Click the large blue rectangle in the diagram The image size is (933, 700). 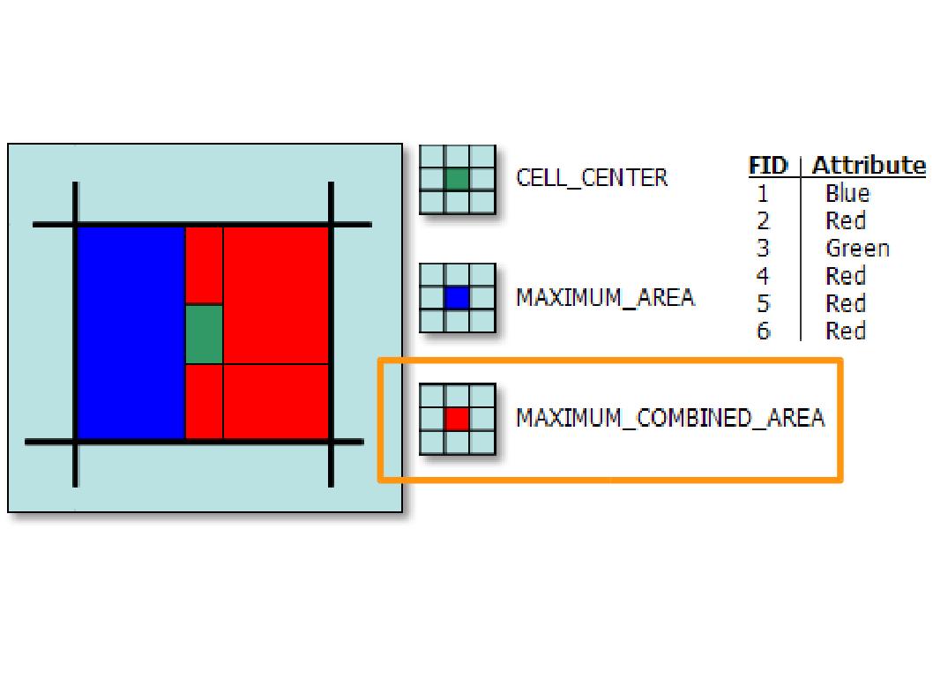pos(131,332)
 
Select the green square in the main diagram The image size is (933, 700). pos(204,334)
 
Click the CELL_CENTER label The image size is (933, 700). pos(592,178)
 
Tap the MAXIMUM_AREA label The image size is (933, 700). pos(605,298)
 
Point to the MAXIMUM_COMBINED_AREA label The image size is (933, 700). pos(670,418)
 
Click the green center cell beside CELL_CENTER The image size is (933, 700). pos(457,179)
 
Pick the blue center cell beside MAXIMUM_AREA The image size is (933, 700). pos(457,298)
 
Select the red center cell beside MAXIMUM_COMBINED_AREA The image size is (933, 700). pos(457,418)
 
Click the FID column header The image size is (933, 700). pos(767,166)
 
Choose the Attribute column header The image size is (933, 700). pos(869,166)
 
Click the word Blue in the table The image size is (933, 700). pos(847,194)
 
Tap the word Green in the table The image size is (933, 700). pos(857,249)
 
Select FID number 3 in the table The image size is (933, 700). pos(763,249)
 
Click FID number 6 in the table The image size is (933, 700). pos(763,331)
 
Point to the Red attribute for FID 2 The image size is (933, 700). pos(846,221)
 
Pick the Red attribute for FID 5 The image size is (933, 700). pos(846,304)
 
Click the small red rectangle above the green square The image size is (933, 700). pos(204,265)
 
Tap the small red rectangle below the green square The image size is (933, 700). pos(204,401)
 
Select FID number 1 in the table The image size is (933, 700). pos(763,194)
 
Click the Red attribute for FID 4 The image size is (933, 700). pos(846,277)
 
